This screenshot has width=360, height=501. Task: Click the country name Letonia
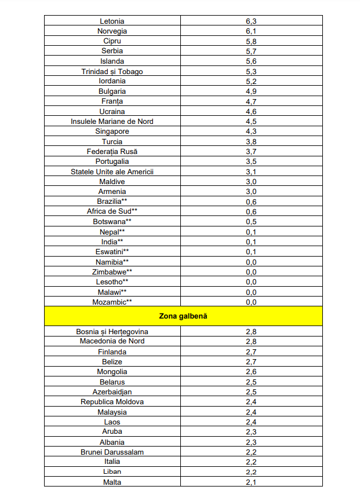click(x=112, y=21)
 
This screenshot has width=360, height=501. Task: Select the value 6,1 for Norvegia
click(x=251, y=31)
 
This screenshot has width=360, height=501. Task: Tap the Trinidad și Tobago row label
click(x=112, y=71)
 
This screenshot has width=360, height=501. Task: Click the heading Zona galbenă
click(x=183, y=316)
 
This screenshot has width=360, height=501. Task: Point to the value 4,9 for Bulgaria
click(x=251, y=92)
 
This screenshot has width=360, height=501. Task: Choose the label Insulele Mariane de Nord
click(x=112, y=122)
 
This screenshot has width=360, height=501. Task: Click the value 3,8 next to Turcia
click(x=251, y=141)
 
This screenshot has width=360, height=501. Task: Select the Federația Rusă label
click(x=112, y=151)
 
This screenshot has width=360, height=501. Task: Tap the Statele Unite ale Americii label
click(x=112, y=171)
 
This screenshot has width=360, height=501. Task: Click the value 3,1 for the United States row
click(x=251, y=171)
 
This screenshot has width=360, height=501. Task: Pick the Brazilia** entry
click(x=112, y=202)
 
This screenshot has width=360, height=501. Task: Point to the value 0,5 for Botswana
click(x=251, y=221)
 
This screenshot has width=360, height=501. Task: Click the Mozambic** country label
click(x=112, y=302)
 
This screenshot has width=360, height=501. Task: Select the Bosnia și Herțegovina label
click(x=112, y=331)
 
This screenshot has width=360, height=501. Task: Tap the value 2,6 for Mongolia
click(x=251, y=372)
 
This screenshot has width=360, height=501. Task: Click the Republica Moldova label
click(x=112, y=402)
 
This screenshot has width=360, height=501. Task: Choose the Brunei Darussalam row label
click(x=112, y=452)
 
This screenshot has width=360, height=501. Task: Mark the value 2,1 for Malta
click(x=251, y=482)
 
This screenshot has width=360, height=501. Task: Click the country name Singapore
click(x=112, y=131)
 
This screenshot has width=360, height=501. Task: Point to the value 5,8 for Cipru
click(x=251, y=41)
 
